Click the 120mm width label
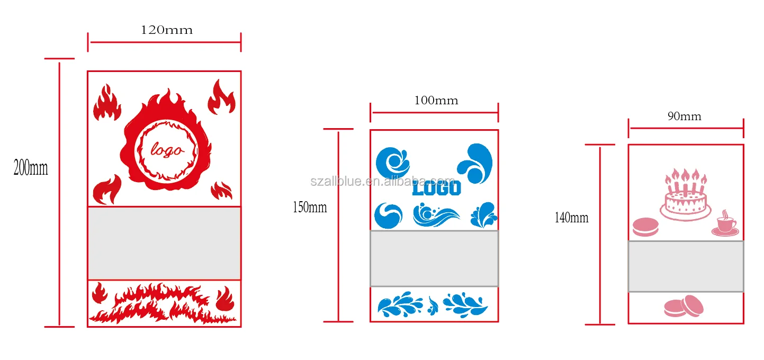(166, 30)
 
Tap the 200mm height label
(31, 168)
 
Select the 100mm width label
(437, 100)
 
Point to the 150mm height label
(310, 208)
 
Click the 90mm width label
(684, 116)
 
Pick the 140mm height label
(571, 218)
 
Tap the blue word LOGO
(436, 188)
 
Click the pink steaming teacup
(725, 225)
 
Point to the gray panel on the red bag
(164, 243)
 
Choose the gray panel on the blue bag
(434, 258)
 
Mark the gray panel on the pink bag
(686, 266)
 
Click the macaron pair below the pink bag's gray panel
(684, 306)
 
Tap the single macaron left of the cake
(646, 227)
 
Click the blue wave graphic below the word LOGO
(436, 216)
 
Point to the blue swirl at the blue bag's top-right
(475, 163)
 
